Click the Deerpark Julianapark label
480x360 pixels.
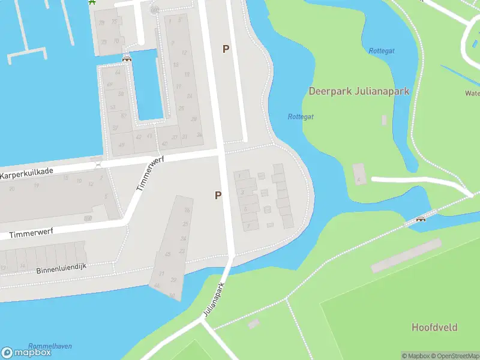(359, 91)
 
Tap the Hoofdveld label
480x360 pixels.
(434, 327)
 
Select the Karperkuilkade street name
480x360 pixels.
(26, 172)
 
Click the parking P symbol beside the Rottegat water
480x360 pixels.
(226, 49)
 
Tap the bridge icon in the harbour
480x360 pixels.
(127, 58)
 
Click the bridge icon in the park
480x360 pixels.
(421, 219)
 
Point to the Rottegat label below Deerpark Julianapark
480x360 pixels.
(301, 117)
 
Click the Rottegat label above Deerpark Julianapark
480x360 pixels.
(382, 51)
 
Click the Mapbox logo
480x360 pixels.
(26, 352)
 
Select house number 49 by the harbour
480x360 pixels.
(122, 145)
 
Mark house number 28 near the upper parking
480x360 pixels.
(193, 119)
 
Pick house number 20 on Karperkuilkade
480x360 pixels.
(11, 188)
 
